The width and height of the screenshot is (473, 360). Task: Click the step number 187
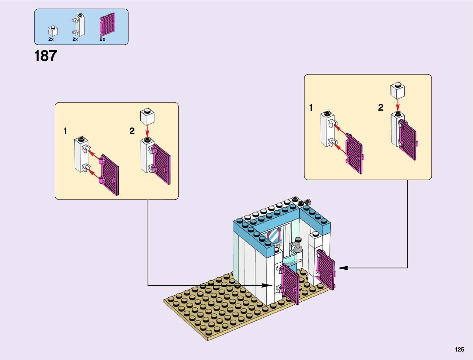click(x=46, y=56)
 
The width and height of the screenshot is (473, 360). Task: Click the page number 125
click(x=459, y=350)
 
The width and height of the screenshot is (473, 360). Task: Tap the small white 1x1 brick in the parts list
click(x=53, y=31)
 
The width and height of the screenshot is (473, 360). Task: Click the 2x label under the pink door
click(x=102, y=39)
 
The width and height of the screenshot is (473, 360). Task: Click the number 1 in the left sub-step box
click(x=65, y=131)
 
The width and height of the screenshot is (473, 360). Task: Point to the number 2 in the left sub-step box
click(x=132, y=131)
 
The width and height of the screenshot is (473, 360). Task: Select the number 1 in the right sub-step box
click(x=311, y=108)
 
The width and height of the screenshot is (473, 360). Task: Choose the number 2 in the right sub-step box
click(x=381, y=108)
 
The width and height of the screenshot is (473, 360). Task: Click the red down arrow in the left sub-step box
click(x=147, y=132)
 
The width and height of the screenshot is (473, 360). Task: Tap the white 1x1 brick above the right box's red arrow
click(x=398, y=90)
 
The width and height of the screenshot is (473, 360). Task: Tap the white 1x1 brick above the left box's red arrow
click(x=147, y=116)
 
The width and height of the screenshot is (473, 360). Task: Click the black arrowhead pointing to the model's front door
click(x=267, y=285)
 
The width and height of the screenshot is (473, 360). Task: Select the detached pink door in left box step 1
click(x=109, y=175)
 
